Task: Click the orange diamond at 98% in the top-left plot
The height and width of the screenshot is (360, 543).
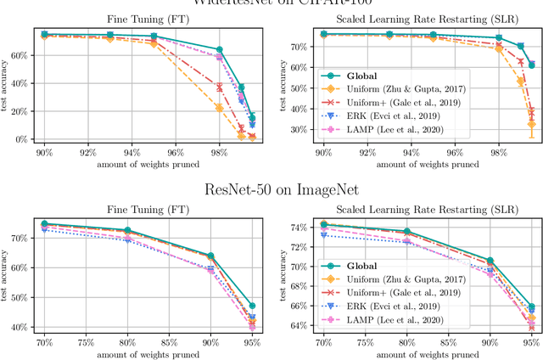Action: [x=219, y=108]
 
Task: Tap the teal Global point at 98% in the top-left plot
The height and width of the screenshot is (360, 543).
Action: [x=219, y=50]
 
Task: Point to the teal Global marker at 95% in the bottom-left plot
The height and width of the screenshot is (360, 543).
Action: [x=252, y=306]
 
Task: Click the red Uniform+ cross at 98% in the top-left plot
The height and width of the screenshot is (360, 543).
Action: [x=219, y=87]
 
